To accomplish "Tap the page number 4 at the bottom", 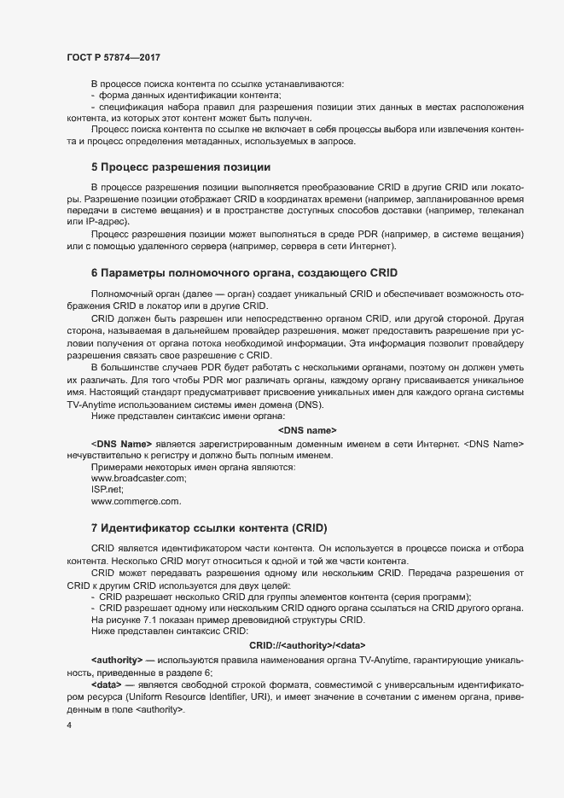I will pyautogui.click(x=67, y=725).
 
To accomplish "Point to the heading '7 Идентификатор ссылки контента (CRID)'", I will pyautogui.click(x=209, y=528).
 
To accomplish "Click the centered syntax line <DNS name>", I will pyautogui.click(x=307, y=430).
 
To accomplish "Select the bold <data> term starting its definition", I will pyautogui.click(x=106, y=685).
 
